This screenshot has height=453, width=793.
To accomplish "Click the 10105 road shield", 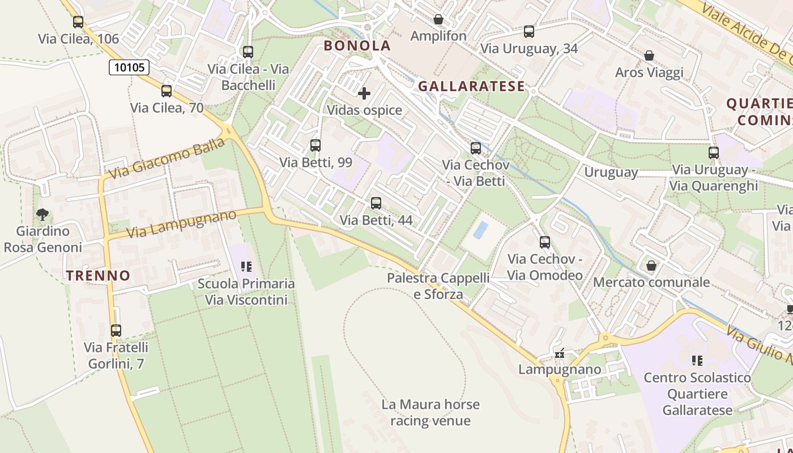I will point(129,68).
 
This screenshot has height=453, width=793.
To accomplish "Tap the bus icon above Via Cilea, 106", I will point(78,22).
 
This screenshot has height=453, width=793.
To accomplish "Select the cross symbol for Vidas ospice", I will point(364,93).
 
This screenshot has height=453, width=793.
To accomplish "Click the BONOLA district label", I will point(357,46).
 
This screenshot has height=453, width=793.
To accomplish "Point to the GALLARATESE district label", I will point(472,86).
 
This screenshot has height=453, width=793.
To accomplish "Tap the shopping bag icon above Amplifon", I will point(438,19).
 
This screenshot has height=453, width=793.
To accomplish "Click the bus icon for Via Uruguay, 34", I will point(529,32).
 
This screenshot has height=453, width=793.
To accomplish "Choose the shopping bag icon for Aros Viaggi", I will point(649,55).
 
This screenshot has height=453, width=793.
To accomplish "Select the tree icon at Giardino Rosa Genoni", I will point(42,214).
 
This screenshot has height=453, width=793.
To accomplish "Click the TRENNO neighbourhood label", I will point(99,276).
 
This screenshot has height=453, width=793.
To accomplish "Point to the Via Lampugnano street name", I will point(181,224).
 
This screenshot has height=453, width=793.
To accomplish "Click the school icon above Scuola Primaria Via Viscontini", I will point(246,266).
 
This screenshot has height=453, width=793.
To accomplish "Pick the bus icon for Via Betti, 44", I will point(376,203).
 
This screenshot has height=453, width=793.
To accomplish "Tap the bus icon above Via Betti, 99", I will point(316,146).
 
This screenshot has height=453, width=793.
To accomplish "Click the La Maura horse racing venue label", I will point(430,412).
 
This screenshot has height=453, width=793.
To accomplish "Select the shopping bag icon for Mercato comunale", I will point(651,265).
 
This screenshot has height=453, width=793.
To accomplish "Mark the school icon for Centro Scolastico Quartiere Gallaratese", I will point(697,360).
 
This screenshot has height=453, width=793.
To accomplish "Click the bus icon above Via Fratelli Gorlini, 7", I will point(116,330).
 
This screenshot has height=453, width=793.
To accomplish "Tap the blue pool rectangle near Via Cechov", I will point(481,230).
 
